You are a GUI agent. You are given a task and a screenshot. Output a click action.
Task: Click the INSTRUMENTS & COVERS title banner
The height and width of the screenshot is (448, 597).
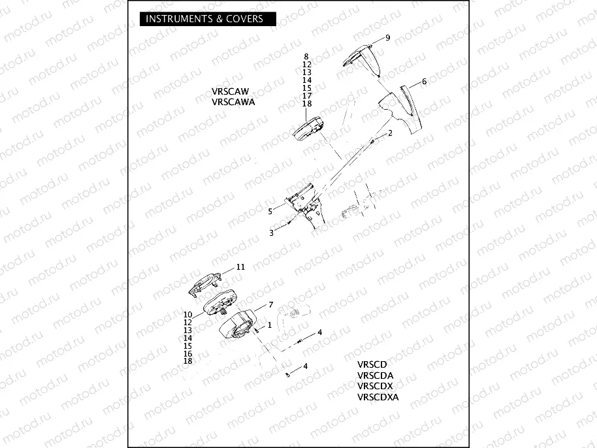(204, 19)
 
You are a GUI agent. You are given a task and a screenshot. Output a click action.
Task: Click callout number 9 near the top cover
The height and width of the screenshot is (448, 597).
(387, 38)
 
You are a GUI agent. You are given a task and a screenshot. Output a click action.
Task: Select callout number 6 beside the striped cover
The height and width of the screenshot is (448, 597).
(424, 82)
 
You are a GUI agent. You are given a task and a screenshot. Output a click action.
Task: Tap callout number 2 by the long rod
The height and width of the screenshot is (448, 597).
(390, 133)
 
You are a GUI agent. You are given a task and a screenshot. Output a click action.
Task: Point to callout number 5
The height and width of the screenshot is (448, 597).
(270, 211)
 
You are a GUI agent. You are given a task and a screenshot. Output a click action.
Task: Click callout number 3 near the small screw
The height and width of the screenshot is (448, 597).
(272, 232)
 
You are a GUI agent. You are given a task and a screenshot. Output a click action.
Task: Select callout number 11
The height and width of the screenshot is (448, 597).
(240, 267)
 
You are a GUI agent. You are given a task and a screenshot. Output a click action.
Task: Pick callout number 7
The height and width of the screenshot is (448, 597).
(266, 305)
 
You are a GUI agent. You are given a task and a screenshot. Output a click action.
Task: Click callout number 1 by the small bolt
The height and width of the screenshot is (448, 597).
(269, 325)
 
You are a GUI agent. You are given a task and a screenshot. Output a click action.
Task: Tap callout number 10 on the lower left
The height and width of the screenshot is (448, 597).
(187, 315)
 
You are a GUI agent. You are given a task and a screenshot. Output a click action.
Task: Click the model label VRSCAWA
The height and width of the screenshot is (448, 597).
(233, 102)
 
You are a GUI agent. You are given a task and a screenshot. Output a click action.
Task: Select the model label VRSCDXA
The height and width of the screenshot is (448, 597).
(378, 396)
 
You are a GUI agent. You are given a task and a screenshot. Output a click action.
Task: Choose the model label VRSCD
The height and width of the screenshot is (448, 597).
(372, 365)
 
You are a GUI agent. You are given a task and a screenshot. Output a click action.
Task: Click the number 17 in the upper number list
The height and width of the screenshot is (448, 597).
(307, 96)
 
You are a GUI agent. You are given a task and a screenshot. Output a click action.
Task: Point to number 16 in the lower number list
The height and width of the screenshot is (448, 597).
(188, 353)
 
